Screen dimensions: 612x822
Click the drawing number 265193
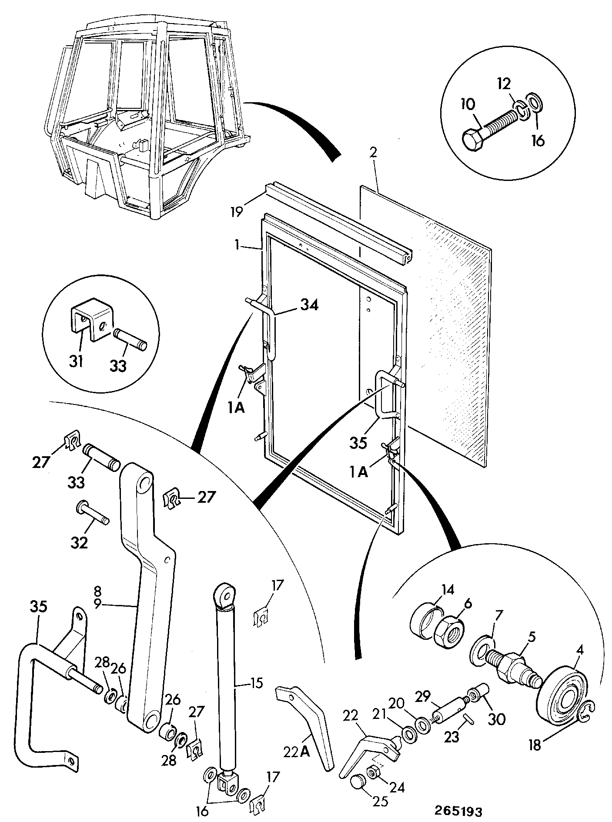[458, 811]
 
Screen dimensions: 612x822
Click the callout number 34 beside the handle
[309, 306]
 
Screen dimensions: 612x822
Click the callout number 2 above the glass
[374, 152]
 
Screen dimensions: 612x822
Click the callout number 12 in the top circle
[504, 84]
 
